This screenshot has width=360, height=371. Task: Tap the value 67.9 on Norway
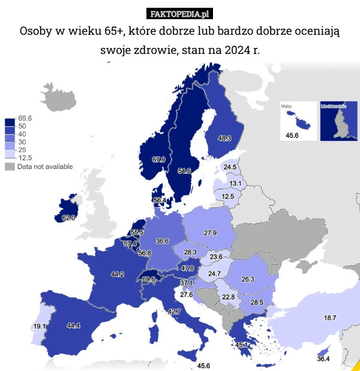159,159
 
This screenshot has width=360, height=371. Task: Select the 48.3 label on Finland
224,138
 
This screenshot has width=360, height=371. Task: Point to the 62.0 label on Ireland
68,218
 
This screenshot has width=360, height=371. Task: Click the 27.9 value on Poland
210,233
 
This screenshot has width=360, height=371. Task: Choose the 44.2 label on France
117,275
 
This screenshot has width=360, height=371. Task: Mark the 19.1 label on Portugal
40,327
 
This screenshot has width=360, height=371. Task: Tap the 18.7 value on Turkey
330,318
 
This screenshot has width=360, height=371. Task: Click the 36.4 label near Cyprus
323,359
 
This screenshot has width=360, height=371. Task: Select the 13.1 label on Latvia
235,183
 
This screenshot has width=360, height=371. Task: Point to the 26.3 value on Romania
248,279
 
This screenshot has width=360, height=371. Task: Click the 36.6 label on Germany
162,241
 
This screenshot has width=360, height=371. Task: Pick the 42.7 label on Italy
174,312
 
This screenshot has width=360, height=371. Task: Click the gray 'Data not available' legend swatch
10,167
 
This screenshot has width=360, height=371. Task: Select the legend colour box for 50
10,127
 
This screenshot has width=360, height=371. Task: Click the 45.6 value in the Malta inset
292,135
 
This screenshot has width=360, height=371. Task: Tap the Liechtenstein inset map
339,121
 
